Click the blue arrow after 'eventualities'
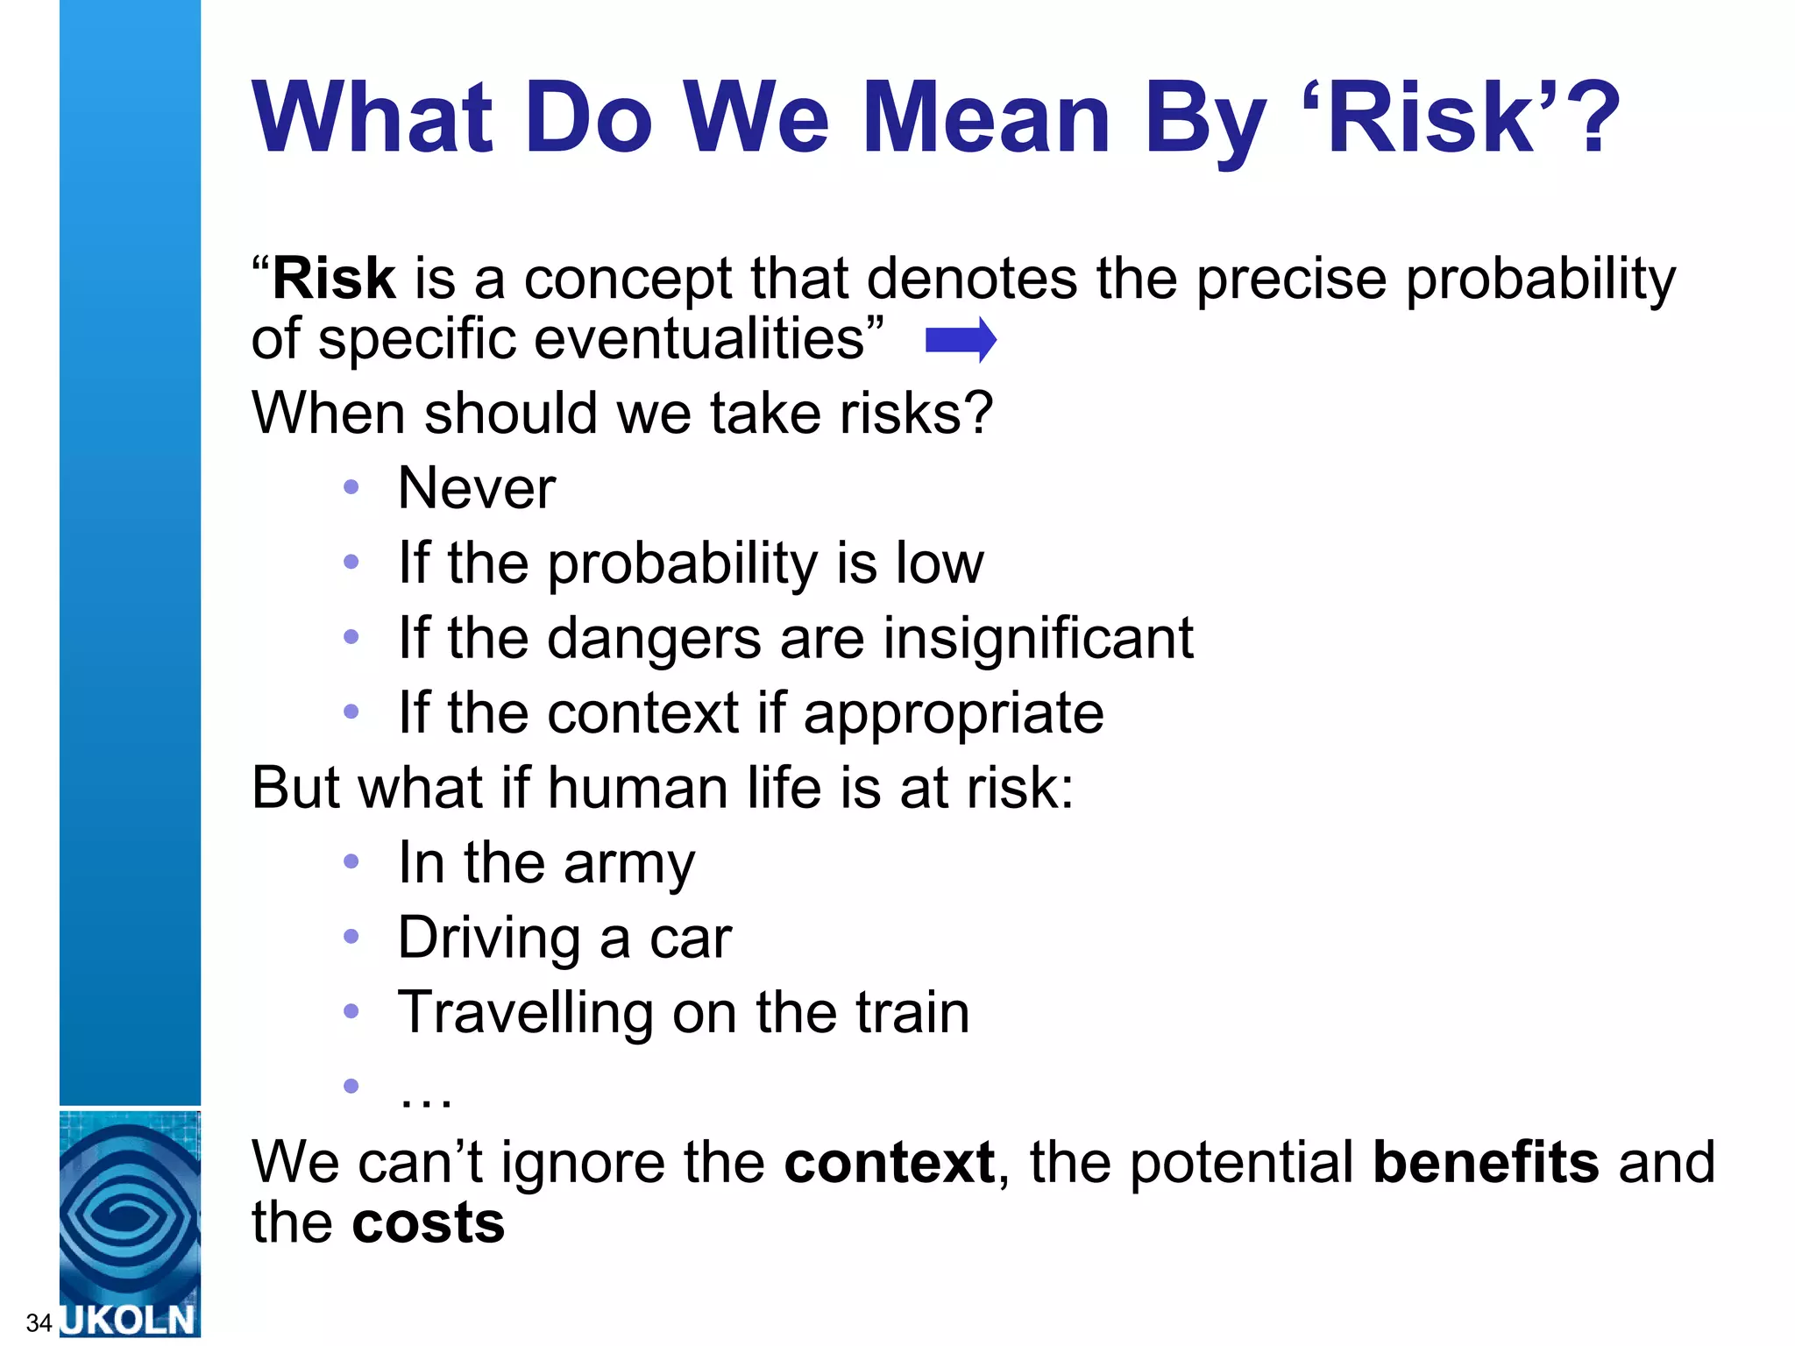click(x=961, y=340)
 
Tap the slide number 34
click(x=39, y=1322)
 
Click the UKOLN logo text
click(x=130, y=1320)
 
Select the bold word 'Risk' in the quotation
click(x=334, y=279)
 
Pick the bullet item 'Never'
click(x=476, y=487)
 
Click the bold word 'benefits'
click(x=1486, y=1162)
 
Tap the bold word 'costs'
click(x=428, y=1223)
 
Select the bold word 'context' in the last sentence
click(x=889, y=1162)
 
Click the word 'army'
click(x=629, y=864)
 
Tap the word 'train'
click(x=912, y=1013)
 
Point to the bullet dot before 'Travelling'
click(x=351, y=1012)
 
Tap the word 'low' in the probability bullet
click(x=940, y=563)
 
